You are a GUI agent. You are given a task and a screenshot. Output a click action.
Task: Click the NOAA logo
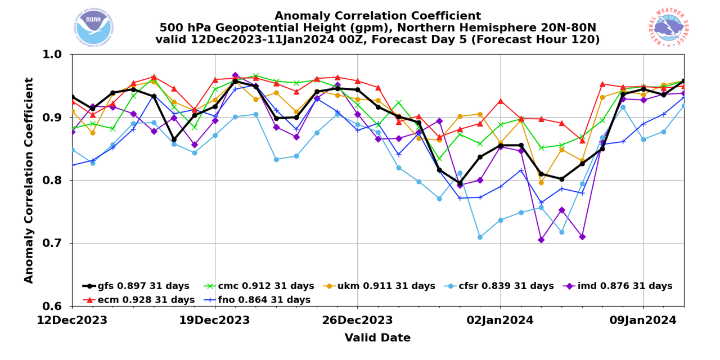[93, 27]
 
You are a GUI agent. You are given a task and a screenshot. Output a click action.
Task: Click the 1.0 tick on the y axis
[55, 55]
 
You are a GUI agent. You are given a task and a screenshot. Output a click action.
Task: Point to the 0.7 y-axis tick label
[55, 244]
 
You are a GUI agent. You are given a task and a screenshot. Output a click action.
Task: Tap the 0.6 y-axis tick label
[55, 307]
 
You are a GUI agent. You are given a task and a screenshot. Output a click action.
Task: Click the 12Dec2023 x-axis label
[72, 321]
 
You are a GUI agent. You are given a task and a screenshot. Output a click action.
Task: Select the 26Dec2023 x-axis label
[357, 321]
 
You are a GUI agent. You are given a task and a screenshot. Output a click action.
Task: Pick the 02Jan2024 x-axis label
[501, 321]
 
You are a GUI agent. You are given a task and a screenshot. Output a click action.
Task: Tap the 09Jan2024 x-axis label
[643, 321]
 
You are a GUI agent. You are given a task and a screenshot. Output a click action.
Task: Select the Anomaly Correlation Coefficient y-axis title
[29, 180]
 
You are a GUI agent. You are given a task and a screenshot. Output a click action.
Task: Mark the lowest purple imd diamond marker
[541, 240]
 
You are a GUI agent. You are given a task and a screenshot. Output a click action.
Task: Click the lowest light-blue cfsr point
[480, 237]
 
